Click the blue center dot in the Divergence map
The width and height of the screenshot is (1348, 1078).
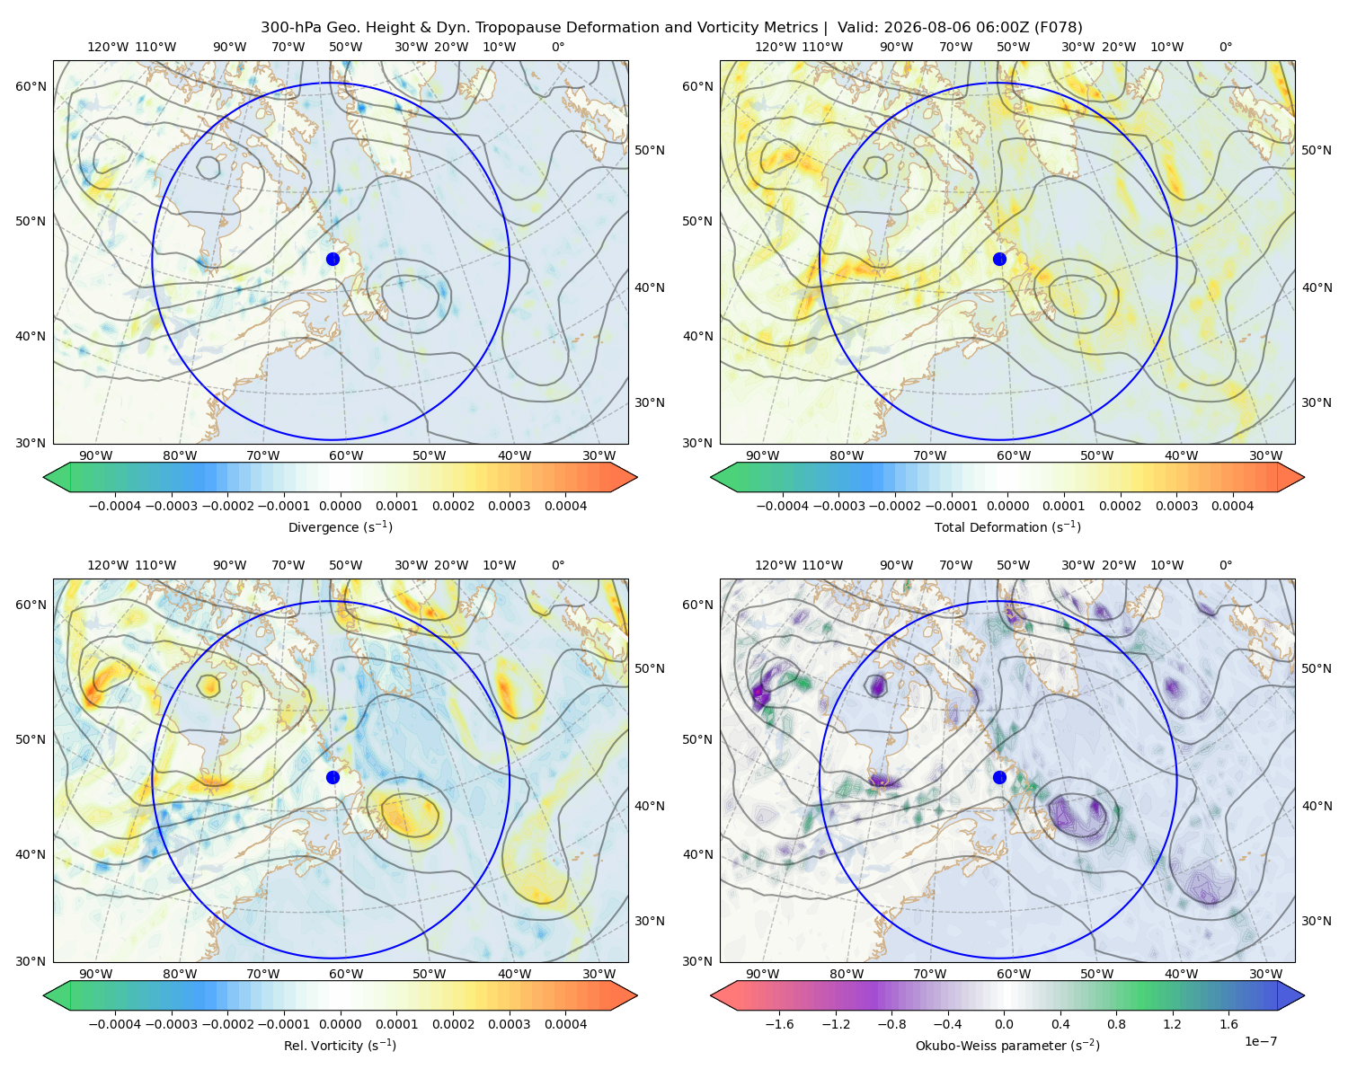tap(333, 260)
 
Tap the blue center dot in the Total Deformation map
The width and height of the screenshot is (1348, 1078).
tap(999, 260)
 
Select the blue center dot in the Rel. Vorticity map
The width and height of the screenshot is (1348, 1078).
tap(333, 777)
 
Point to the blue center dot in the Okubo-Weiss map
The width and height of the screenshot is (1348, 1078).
tap(999, 777)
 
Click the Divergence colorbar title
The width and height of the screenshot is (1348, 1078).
tap(340, 527)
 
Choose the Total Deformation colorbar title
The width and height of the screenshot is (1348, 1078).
tap(1007, 527)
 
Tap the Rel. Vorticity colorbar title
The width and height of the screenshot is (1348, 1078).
tap(340, 1046)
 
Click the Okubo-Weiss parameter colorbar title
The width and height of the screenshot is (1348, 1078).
tap(1007, 1046)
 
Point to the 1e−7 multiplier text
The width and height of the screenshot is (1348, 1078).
tap(1260, 1042)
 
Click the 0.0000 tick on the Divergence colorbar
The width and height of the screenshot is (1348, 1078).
tap(340, 506)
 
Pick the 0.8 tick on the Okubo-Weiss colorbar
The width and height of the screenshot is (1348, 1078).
tap(1116, 1024)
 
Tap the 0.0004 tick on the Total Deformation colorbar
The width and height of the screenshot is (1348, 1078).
tap(1232, 506)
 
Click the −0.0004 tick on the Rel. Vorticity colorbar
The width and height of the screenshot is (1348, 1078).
tap(115, 1024)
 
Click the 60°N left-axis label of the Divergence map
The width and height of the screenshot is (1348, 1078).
tap(31, 86)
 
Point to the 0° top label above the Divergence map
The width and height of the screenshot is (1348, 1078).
tap(558, 47)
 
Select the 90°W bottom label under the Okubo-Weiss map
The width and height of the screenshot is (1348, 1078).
tap(762, 974)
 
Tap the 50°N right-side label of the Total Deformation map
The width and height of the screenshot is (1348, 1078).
tap(1316, 150)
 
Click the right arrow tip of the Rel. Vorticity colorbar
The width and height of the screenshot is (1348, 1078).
tap(637, 995)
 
